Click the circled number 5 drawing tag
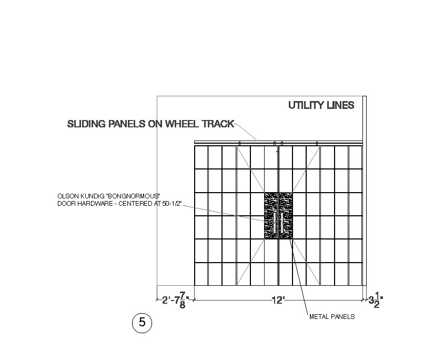click(142, 322)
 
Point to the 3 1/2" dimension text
click(376, 301)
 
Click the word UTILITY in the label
click(305, 105)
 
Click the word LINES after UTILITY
click(339, 105)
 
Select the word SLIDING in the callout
click(85, 124)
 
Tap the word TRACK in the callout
click(217, 124)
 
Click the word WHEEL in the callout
click(181, 124)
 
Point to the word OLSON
click(67, 196)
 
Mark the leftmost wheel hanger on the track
click(240, 143)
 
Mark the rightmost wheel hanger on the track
click(317, 143)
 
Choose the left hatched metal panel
click(271, 216)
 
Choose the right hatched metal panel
click(286, 216)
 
